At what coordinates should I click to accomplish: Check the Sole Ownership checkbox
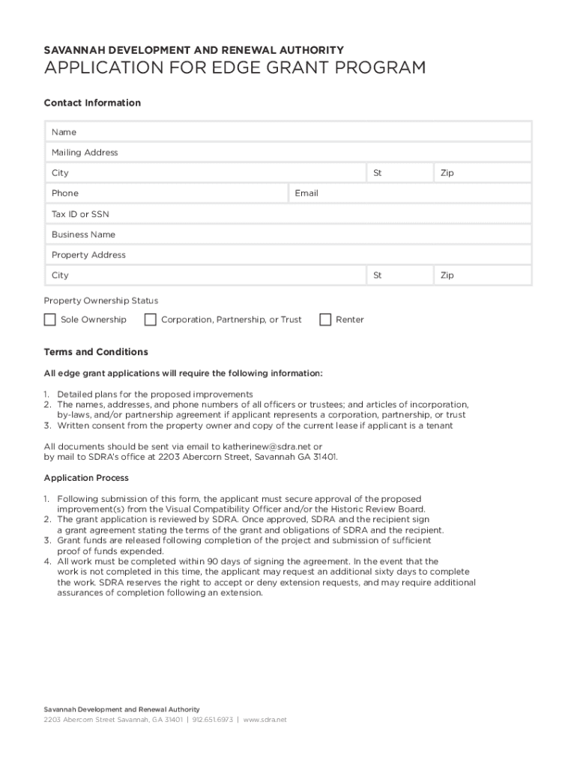point(50,320)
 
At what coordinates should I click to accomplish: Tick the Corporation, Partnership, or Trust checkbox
point(151,320)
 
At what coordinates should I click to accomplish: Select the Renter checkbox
point(325,320)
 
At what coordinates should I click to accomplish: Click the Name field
point(300,132)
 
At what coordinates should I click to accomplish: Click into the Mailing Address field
point(300,152)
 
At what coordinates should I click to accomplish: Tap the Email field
point(420,193)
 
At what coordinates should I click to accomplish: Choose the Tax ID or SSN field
point(300,214)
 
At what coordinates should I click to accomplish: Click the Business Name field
point(300,234)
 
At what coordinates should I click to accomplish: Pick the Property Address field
point(300,255)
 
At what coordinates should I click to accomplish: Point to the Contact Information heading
point(92,103)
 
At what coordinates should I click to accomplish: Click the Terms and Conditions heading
point(96,352)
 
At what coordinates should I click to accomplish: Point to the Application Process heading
point(86,478)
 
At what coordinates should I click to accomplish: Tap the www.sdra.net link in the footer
point(265,720)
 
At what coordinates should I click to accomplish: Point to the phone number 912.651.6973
point(213,720)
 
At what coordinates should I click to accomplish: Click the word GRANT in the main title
point(254,68)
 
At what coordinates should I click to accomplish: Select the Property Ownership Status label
point(100,300)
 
